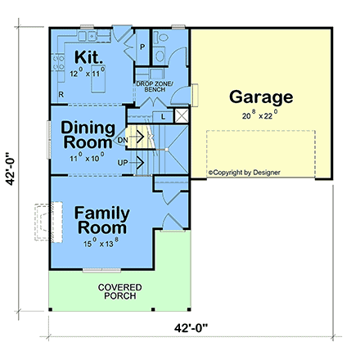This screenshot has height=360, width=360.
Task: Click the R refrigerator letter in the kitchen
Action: pos(61,94)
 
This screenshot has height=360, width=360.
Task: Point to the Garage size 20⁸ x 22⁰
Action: pos(260,116)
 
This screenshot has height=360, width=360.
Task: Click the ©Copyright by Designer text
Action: pos(243,173)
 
